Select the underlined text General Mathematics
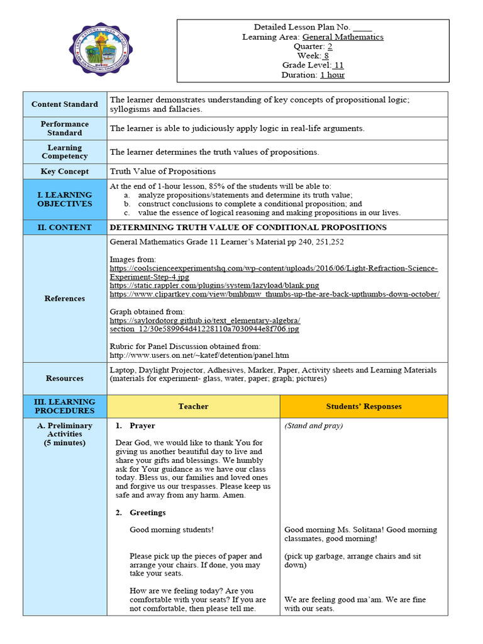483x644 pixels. point(343,37)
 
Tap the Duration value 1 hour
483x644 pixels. point(332,75)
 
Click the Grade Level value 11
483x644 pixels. point(338,65)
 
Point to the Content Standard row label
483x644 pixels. point(65,104)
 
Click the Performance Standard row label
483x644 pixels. point(65,128)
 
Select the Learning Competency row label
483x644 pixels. point(65,152)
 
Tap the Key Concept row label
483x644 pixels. point(65,171)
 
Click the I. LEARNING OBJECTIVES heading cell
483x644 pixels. point(65,199)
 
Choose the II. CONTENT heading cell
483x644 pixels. point(65,228)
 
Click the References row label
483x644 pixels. point(65,299)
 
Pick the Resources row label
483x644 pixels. point(65,379)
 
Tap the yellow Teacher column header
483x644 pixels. point(193,406)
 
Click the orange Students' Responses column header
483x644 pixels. point(364,406)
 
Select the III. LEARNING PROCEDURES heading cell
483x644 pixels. point(65,406)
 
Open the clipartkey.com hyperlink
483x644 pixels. point(274,294)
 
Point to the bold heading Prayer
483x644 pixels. point(142,426)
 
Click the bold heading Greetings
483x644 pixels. point(147,513)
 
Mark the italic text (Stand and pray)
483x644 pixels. point(314,426)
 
